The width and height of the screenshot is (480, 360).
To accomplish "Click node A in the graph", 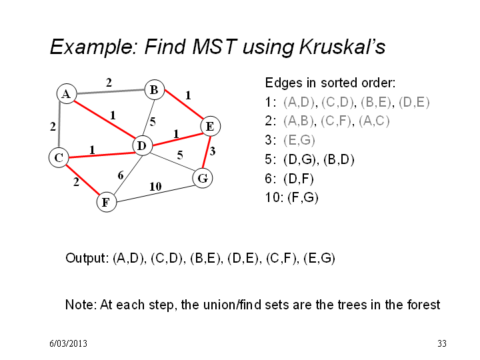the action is pyautogui.click(x=67, y=94).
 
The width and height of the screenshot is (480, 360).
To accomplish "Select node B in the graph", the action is pyautogui.click(x=154, y=90).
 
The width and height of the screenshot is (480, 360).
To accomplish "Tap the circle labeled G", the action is pyautogui.click(x=203, y=178).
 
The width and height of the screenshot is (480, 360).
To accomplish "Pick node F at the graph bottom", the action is pyautogui.click(x=107, y=202).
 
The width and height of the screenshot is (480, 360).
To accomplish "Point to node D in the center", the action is pyautogui.click(x=143, y=146).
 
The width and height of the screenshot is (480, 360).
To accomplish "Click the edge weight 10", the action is pyautogui.click(x=155, y=187).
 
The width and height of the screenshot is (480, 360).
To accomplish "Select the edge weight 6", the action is pyautogui.click(x=121, y=175).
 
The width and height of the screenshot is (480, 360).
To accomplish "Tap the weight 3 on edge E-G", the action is pyautogui.click(x=213, y=151).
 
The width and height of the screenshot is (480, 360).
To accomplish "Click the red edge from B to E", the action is pyautogui.click(x=184, y=105).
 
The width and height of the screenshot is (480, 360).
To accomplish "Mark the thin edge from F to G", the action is pyautogui.click(x=155, y=193).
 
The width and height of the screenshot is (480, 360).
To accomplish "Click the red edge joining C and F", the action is pyautogui.click(x=83, y=180).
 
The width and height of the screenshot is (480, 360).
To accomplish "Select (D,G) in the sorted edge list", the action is pyautogui.click(x=299, y=159).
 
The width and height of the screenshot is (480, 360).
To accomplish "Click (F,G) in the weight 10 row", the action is pyautogui.click(x=303, y=197).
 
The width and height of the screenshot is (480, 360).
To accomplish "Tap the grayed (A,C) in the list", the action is pyautogui.click(x=374, y=121).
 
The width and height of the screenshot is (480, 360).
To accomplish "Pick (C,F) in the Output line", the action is pyautogui.click(x=281, y=259).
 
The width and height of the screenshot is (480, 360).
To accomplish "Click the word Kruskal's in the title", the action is pyautogui.click(x=342, y=47).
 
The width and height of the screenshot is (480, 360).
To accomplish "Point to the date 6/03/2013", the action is pyautogui.click(x=68, y=343).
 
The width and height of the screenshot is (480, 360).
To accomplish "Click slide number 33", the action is pyautogui.click(x=442, y=343).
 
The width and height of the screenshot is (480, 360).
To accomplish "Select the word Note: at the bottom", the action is pyautogui.click(x=81, y=305).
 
